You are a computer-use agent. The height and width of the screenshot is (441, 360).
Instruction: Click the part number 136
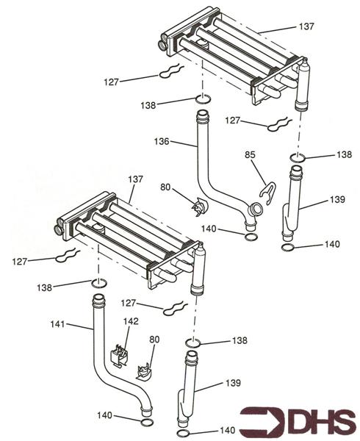tap(162, 140)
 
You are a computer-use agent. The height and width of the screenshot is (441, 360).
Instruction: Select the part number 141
tap(58, 323)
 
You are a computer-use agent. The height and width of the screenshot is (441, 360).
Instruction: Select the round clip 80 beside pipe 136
tap(196, 207)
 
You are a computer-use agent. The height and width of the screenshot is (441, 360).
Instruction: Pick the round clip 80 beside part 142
tap(144, 369)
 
